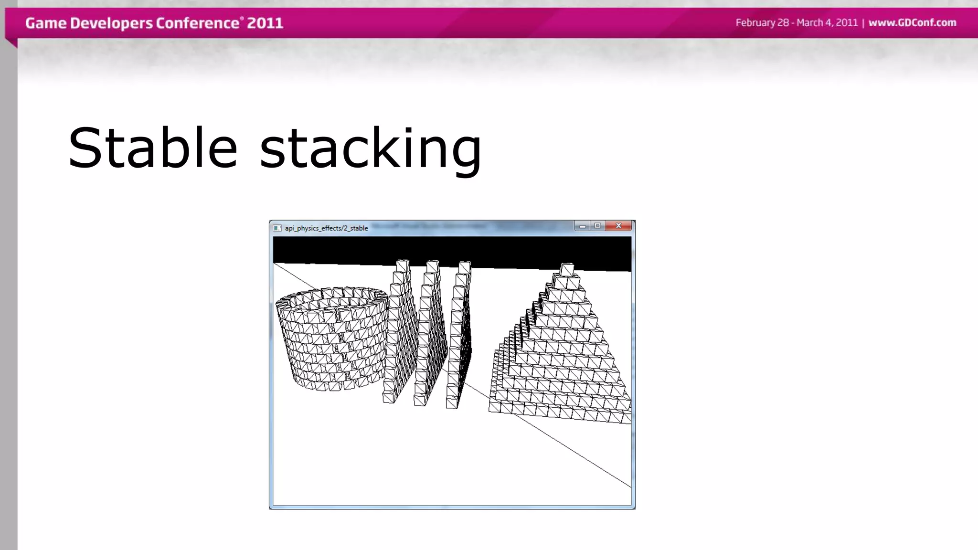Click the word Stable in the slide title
[152, 148]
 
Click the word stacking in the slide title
[370, 148]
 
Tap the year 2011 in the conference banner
[265, 23]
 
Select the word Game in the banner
[46, 23]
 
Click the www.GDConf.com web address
[912, 22]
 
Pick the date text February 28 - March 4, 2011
[796, 22]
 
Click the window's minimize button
[583, 226]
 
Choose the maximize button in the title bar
[598, 226]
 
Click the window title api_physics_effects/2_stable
[326, 228]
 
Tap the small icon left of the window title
[277, 228]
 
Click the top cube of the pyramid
[567, 269]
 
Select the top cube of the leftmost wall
[403, 265]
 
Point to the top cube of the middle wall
[433, 266]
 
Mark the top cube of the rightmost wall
[464, 267]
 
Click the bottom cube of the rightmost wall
[452, 403]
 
